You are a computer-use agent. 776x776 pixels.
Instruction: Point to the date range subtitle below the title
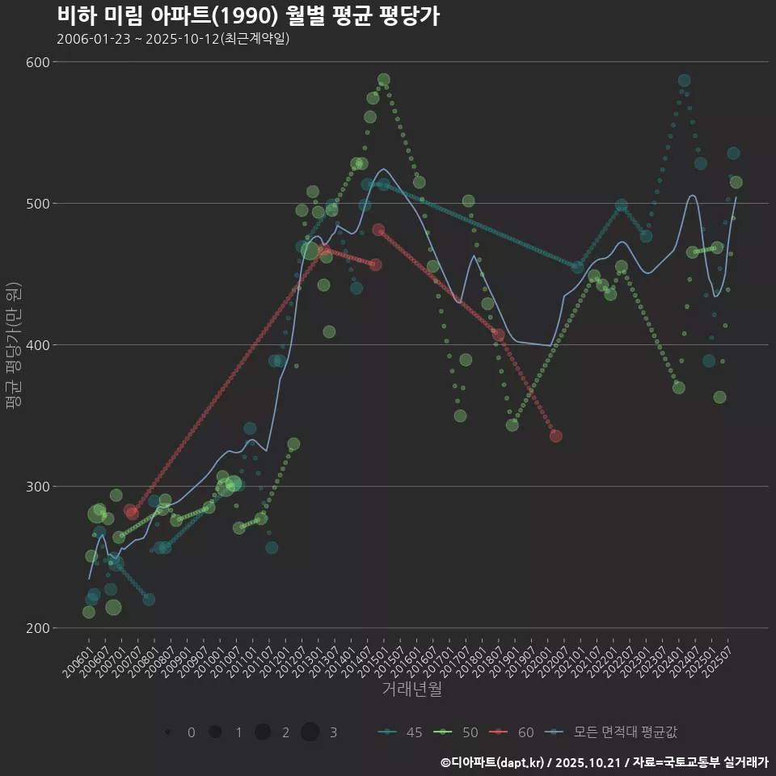coord(173,39)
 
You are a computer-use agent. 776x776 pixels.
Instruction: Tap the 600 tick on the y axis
coord(39,62)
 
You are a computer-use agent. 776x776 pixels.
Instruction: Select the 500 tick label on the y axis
coord(39,204)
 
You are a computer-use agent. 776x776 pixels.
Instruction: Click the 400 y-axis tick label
coord(39,345)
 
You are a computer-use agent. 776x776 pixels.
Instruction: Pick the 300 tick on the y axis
coord(39,487)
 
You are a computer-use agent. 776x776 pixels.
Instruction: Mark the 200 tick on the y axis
coord(39,628)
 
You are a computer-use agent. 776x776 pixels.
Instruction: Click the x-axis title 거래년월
coord(411,690)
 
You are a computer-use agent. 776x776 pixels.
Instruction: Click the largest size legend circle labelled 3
coord(310,732)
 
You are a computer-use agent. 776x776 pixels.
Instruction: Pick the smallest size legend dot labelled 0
coord(167,732)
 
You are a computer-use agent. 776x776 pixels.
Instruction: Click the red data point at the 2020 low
coord(555,436)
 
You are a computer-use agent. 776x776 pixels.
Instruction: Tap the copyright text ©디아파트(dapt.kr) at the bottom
coord(493,762)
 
